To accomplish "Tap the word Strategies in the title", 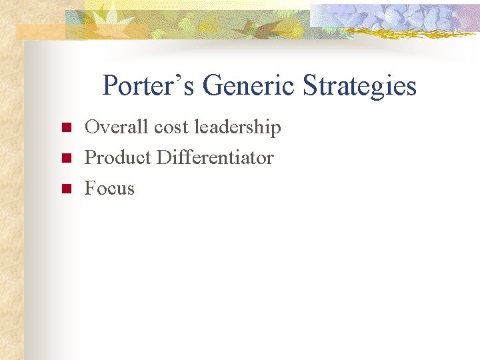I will click(x=360, y=86).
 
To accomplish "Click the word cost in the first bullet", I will click(x=171, y=127).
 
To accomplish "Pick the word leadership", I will click(x=237, y=127).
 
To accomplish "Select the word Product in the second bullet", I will click(x=117, y=157).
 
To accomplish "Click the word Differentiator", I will click(x=215, y=157).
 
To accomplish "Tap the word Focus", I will click(x=109, y=189).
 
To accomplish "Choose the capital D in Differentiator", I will click(x=163, y=157).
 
